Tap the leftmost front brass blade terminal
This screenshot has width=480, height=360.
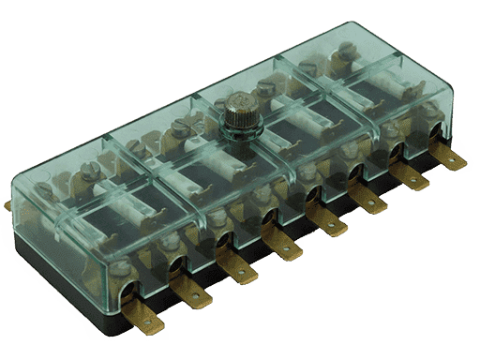click(x=147, y=319)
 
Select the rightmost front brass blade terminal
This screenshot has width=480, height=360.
click(x=453, y=160)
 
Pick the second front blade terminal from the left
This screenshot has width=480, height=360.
click(x=196, y=294)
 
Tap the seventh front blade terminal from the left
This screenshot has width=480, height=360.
click(x=413, y=179)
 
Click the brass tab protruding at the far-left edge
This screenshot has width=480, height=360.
click(x=7, y=204)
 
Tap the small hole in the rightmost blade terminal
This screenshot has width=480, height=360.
click(x=457, y=161)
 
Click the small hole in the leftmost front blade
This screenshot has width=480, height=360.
click(x=151, y=322)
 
